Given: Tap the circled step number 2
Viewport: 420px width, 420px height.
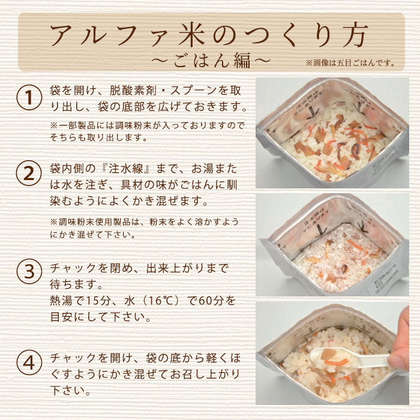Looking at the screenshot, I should [26, 175].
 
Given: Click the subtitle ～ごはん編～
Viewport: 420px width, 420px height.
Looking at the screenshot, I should [210, 61].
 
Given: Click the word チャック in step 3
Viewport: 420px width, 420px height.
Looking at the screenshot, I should [71, 266].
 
